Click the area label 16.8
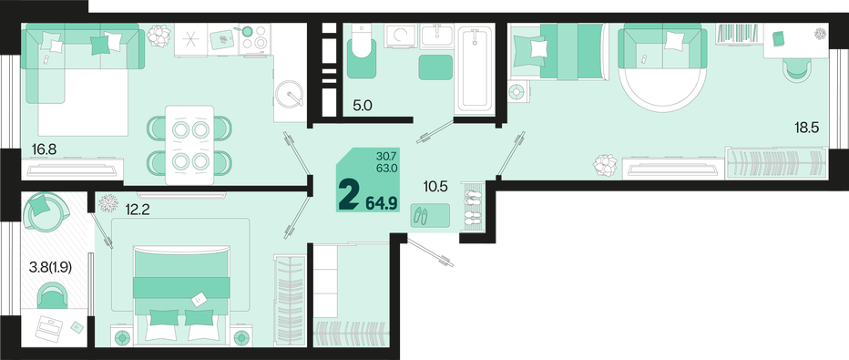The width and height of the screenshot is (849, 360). pyautogui.click(x=44, y=149)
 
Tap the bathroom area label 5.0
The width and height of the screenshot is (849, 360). pyautogui.click(x=363, y=106)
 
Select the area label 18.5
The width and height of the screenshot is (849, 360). pyautogui.click(x=807, y=129)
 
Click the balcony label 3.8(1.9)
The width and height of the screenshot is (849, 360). pyautogui.click(x=51, y=266)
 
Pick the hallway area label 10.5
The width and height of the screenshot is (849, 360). pyautogui.click(x=435, y=187)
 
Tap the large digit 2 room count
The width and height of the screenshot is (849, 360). pyautogui.click(x=348, y=196)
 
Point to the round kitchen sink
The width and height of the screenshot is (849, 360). pyautogui.click(x=291, y=96)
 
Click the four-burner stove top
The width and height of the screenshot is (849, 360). pyautogui.click(x=254, y=38)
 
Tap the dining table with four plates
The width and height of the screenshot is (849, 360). pyautogui.click(x=189, y=145)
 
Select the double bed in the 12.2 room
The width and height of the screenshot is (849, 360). pyautogui.click(x=181, y=295)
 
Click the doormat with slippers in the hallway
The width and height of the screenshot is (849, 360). pyautogui.click(x=430, y=215)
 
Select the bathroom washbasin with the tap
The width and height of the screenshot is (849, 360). pyautogui.click(x=436, y=36)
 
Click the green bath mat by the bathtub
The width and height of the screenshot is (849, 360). pyautogui.click(x=435, y=67)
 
